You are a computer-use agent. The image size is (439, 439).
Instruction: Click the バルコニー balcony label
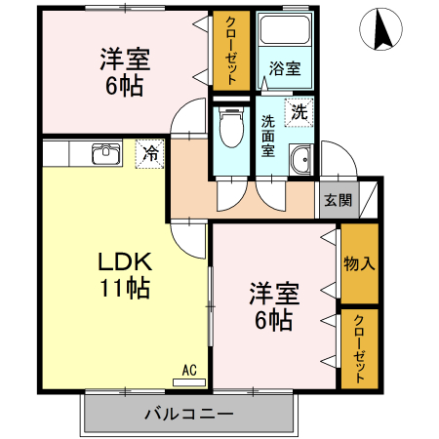click(x=188, y=415)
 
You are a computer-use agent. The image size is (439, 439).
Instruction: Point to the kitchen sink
click(x=104, y=154)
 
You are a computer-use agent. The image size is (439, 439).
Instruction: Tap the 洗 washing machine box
click(x=299, y=111)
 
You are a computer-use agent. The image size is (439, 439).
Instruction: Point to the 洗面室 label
click(x=268, y=137)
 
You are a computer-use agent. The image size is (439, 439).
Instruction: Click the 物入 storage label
click(x=359, y=263)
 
